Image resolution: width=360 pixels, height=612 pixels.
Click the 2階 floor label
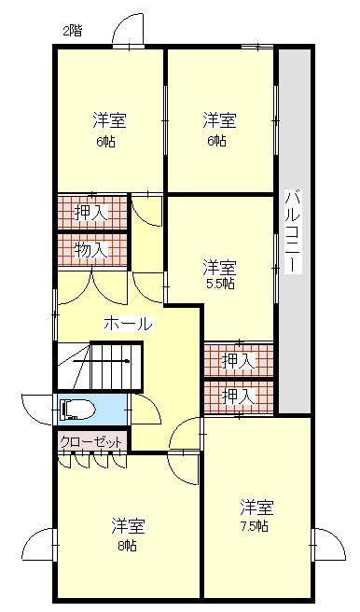(x=73, y=31)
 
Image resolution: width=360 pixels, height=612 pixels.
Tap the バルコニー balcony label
(x=293, y=231)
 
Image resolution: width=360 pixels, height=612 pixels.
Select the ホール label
(x=129, y=324)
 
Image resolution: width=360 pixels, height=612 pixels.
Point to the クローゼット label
(x=90, y=443)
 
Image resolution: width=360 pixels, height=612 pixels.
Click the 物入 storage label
(x=90, y=249)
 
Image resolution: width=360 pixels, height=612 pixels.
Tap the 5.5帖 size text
(x=220, y=285)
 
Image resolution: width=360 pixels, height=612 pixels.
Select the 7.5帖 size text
(x=254, y=526)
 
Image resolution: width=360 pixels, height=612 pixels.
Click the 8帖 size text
(x=128, y=545)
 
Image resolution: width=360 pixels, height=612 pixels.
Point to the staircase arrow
(x=101, y=361)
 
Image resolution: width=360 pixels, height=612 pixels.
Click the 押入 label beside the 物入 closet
(x=90, y=213)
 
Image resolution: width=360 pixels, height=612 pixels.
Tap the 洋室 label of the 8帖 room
(x=129, y=526)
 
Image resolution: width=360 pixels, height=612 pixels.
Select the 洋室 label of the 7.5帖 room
(x=256, y=508)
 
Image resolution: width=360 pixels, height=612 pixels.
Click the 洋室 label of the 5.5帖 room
(x=219, y=268)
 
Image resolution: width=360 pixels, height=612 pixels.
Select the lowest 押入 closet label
(x=239, y=397)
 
